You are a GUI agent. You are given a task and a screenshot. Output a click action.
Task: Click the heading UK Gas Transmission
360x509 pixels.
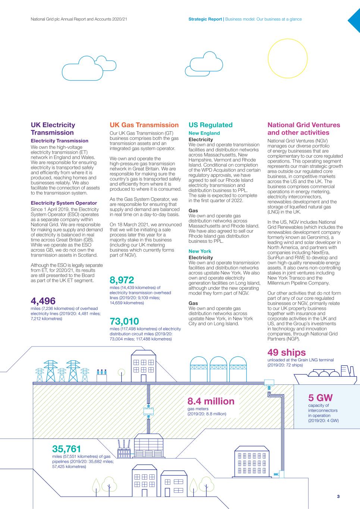[144, 125]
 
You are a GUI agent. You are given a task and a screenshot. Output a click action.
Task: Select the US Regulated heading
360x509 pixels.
[210, 125]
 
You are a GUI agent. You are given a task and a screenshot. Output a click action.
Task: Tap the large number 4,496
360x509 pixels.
[43, 301]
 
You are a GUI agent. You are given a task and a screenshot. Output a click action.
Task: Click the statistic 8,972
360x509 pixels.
[122, 280]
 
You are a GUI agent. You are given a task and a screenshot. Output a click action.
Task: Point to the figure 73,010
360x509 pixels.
[124, 321]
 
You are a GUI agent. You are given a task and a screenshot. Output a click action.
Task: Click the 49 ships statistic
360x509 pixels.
[286, 352]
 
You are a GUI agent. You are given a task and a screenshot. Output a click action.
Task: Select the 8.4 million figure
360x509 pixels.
[211, 401]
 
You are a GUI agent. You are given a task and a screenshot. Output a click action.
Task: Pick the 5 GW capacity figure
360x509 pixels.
[320, 398]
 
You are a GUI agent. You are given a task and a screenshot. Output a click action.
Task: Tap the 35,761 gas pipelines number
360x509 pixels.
[66, 449]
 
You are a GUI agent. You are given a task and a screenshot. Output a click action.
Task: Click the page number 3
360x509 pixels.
[338, 496]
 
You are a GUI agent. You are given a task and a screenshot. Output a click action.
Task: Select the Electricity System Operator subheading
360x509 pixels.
[64, 203]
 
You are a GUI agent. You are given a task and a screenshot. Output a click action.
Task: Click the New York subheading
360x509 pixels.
[200, 251]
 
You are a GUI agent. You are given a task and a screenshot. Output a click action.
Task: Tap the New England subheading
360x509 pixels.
[204, 133]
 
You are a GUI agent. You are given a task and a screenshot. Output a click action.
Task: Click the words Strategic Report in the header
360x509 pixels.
[205, 19]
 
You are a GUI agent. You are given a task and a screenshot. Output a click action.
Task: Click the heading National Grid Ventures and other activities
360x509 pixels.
[304, 129]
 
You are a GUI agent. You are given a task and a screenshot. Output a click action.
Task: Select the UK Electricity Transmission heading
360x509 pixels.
[53, 129]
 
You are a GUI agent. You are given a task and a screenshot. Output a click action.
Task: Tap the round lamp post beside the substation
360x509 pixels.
[121, 372]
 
